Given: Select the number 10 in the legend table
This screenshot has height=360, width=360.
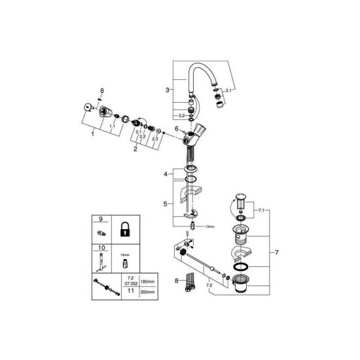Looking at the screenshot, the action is [101, 249].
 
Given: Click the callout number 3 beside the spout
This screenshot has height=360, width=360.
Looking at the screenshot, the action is [168, 89].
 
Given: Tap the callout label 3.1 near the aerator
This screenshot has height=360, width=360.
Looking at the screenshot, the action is [228, 89].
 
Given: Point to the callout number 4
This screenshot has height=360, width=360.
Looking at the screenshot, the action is [166, 173].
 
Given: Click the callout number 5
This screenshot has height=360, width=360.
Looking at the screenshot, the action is [166, 204].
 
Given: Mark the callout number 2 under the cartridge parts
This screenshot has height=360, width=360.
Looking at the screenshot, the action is [135, 149].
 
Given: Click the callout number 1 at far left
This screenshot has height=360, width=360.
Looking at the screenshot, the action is [92, 134].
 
